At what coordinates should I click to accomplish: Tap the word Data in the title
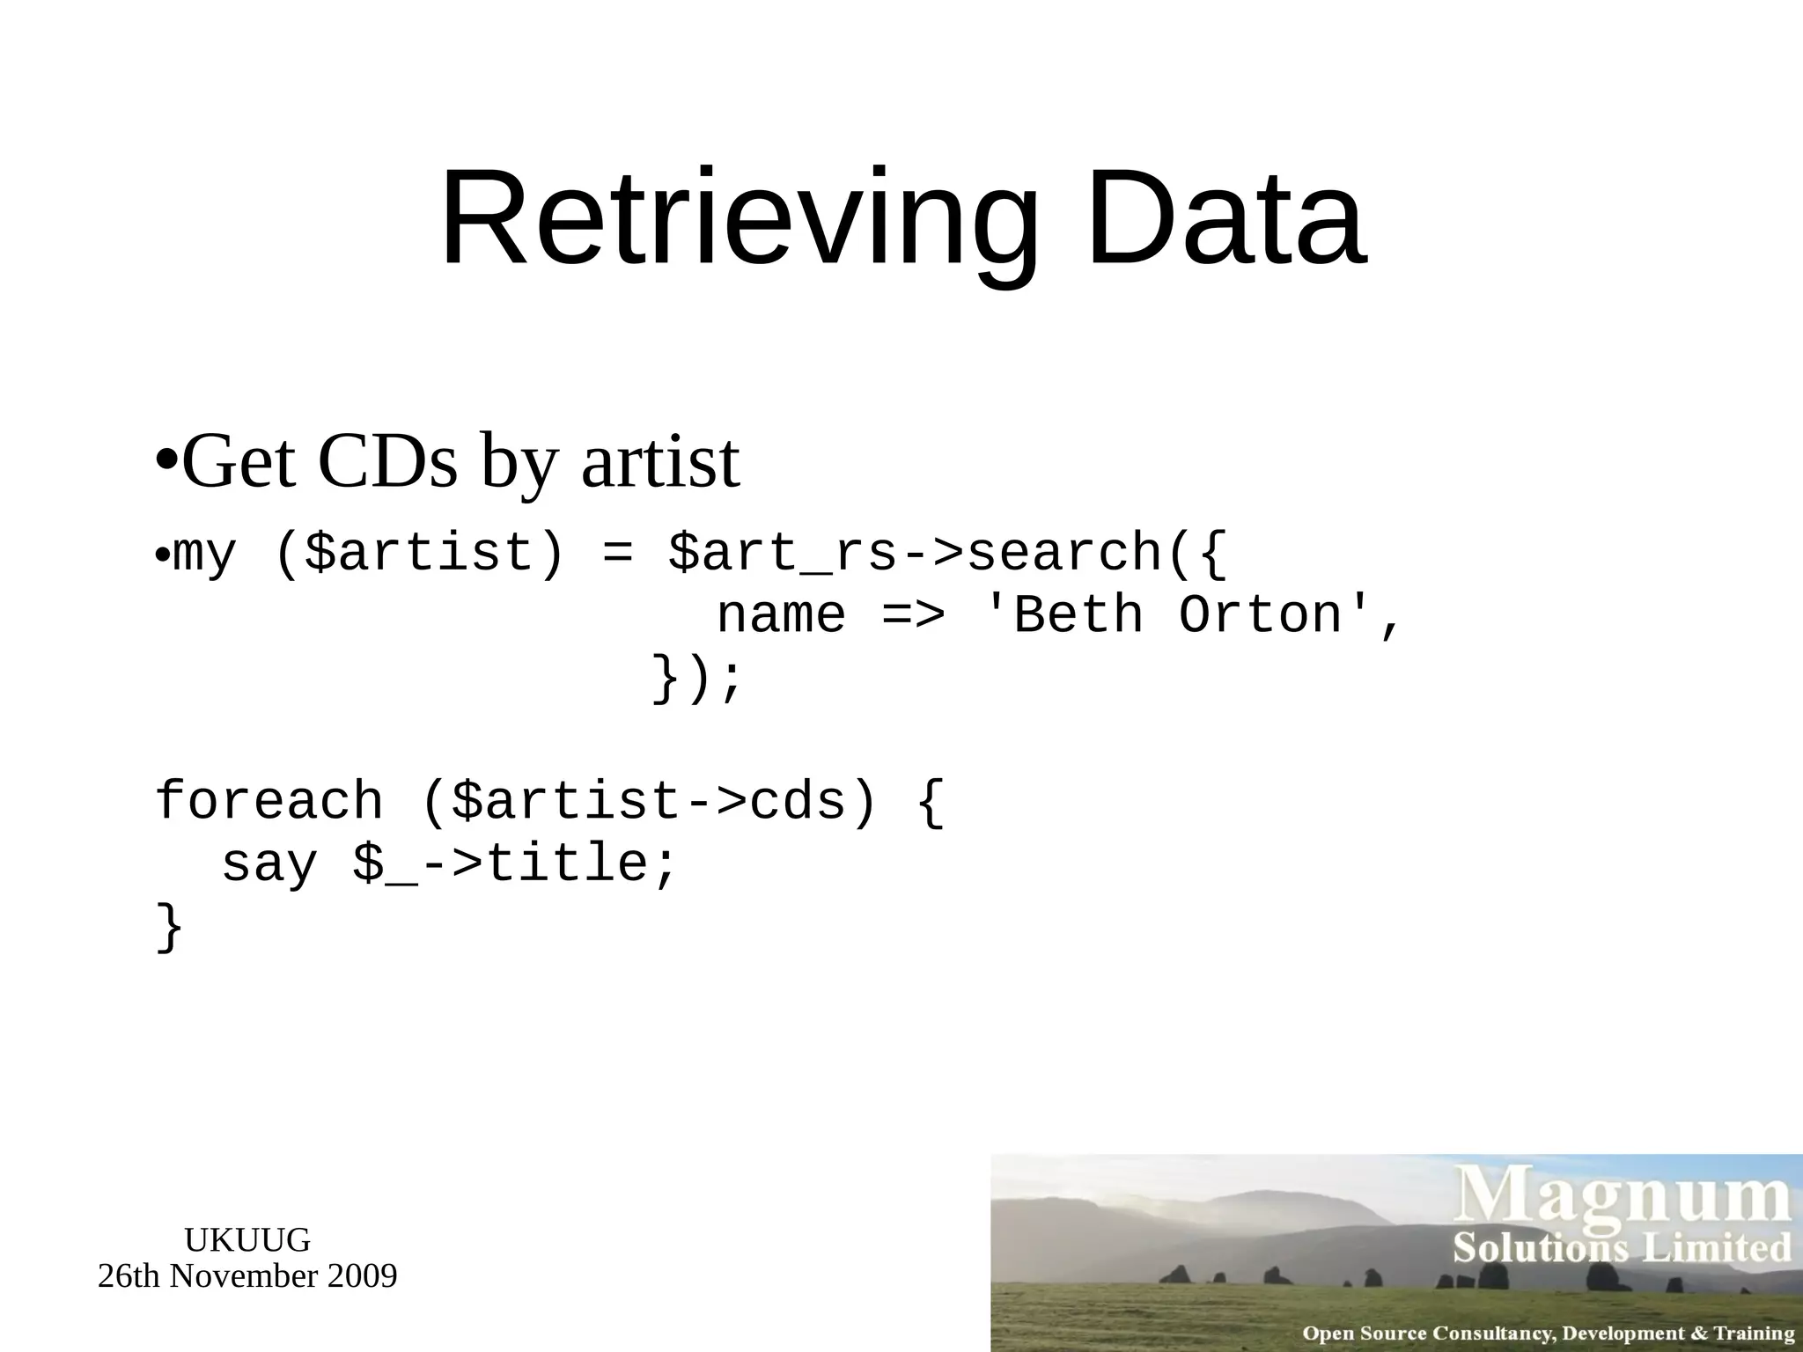pos(1226,218)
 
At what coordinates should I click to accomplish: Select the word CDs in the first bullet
pos(387,463)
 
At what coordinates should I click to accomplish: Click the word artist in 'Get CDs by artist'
pos(660,463)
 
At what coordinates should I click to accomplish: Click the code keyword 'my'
pos(205,555)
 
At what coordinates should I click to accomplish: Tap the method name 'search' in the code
pos(1066,555)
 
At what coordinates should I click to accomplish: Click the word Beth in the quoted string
pos(1078,615)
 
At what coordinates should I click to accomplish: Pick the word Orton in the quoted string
pos(1261,615)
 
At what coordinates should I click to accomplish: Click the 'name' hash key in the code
pos(781,615)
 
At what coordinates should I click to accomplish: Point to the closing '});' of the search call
pos(698,679)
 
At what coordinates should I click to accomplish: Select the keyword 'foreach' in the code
pos(269,802)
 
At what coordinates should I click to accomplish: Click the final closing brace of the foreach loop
pos(169,927)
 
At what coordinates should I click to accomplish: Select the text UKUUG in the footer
pos(247,1240)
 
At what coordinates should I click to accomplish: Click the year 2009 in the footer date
pos(362,1276)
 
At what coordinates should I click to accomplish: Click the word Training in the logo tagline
pos(1753,1334)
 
